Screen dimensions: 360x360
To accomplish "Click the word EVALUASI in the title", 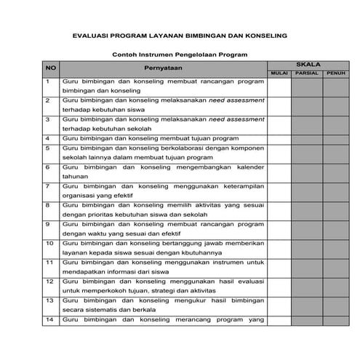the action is pos(90,35).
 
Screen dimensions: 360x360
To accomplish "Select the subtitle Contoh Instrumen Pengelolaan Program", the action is pos(180,55).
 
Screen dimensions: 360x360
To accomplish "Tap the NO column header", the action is pos(51,68).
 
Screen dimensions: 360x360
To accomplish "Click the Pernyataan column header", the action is pos(164,68).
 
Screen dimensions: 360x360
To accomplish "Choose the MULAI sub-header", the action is pos(279,73).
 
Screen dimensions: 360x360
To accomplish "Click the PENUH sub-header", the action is pos(336,73).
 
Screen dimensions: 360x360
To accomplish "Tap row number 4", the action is pos(47,137).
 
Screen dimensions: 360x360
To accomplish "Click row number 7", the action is pos(47,186).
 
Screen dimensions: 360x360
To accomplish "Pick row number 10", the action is pos(49,243).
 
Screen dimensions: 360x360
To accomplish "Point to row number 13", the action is pos(49,300).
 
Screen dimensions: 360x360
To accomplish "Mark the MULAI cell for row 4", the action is pos(279,137).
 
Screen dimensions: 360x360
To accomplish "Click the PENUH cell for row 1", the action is pos(336,87).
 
